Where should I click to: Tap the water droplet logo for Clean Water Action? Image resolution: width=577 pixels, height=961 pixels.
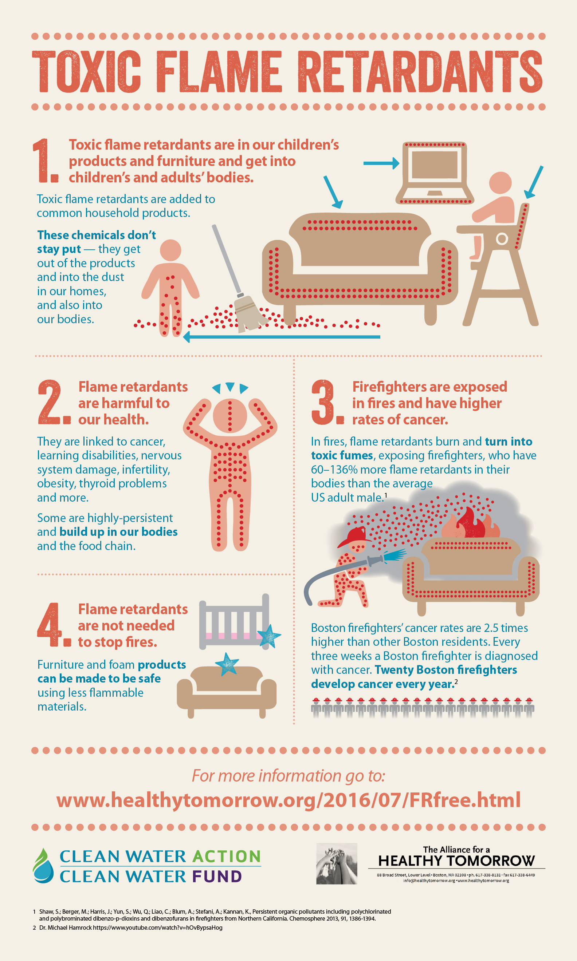[43, 866]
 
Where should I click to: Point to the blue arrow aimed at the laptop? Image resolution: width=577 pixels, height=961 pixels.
[381, 163]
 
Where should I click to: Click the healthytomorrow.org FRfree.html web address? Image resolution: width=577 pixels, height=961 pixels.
[288, 800]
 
